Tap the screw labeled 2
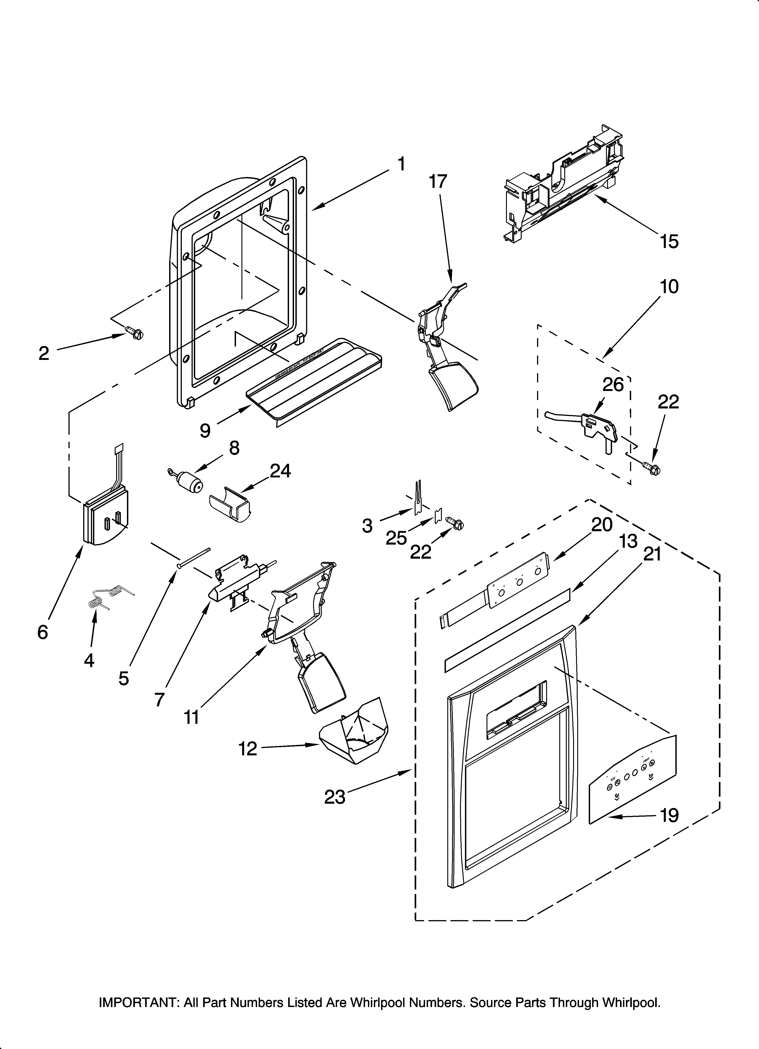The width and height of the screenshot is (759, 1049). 134,332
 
